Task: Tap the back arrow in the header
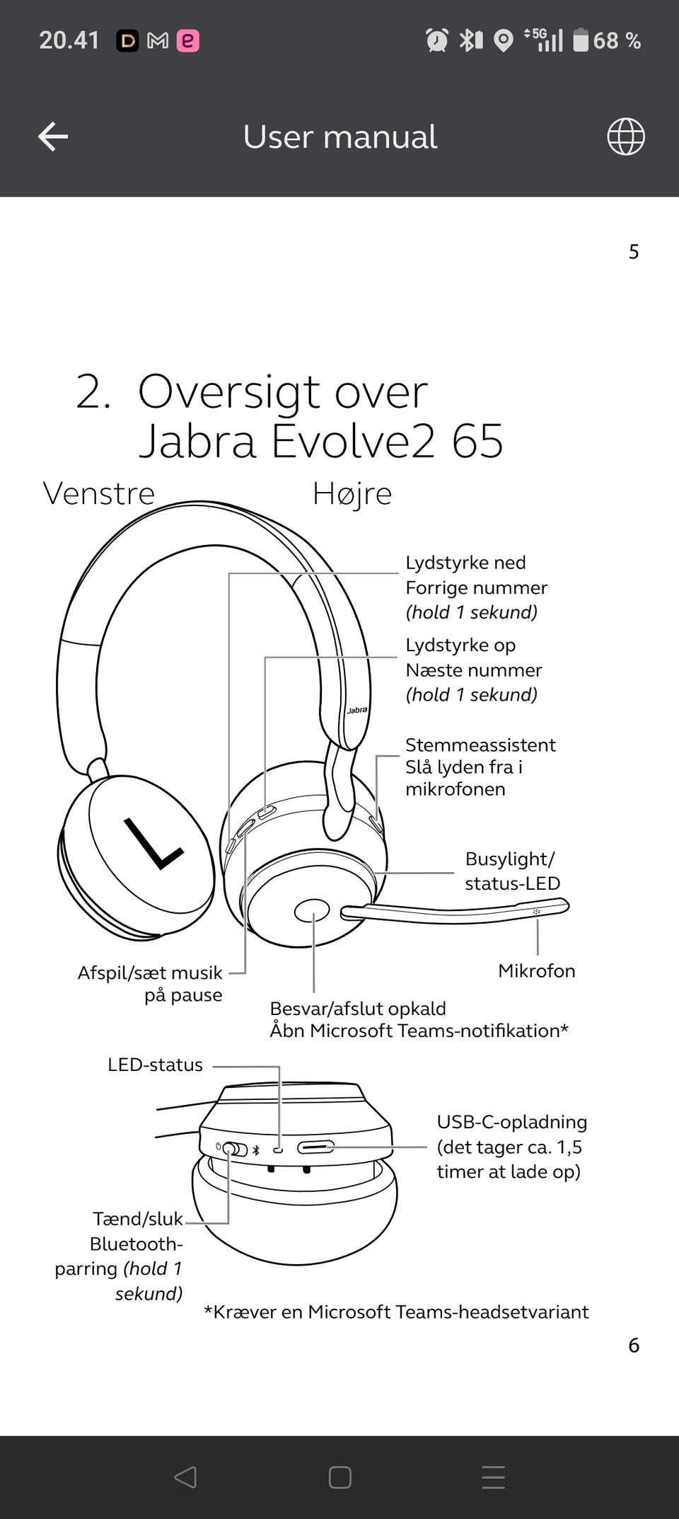tap(53, 137)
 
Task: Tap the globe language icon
tap(626, 137)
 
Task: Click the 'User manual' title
tap(340, 137)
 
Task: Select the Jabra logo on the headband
tap(357, 709)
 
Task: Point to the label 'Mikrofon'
tap(537, 970)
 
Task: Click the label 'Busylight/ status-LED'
tap(512, 871)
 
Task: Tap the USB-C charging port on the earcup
tap(315, 1147)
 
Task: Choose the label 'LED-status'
tap(155, 1065)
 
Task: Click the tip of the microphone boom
tap(566, 905)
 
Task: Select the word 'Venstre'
tap(99, 493)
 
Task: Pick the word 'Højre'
tap(352, 493)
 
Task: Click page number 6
tap(634, 1345)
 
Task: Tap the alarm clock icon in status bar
tap(437, 40)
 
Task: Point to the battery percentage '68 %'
tap(617, 40)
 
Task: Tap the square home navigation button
tap(340, 1477)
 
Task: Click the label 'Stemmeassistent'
tap(480, 745)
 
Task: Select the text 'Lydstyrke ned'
tap(465, 563)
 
